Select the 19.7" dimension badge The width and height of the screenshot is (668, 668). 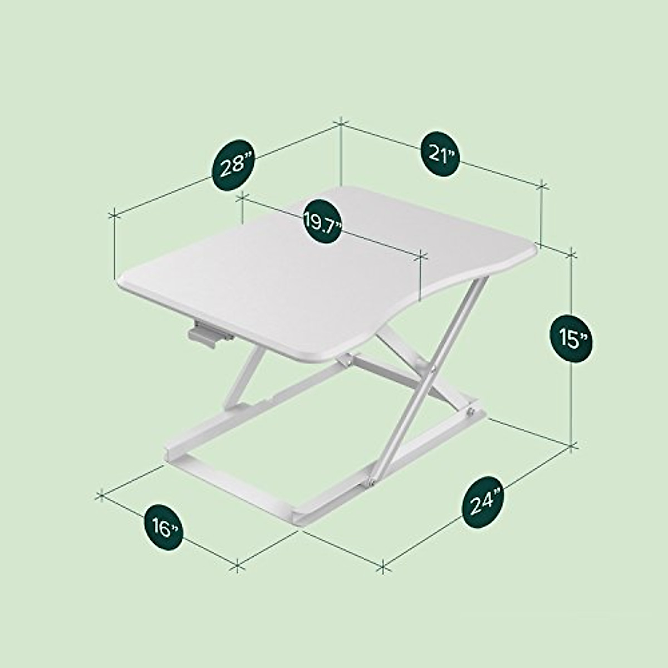322,222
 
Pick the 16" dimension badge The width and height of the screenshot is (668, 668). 163,528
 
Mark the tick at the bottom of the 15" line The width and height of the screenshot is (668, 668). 572,445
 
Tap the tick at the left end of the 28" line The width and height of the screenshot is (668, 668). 114,214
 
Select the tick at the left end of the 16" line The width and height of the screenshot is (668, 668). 101,493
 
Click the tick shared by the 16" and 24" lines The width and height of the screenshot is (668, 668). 238,567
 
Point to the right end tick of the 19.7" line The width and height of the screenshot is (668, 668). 420,257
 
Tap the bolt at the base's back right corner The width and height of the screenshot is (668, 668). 471,411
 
